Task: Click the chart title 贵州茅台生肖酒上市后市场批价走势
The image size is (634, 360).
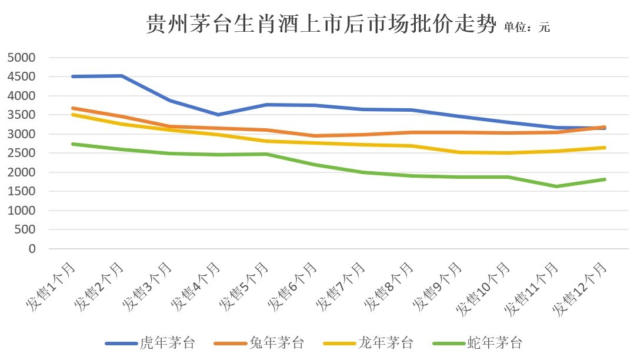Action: point(321,25)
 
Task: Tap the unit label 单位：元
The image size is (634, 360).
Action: point(526,27)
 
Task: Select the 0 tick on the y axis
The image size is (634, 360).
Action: point(31,249)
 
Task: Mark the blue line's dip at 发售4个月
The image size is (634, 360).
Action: point(218,115)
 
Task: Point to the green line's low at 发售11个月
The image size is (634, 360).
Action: point(556,186)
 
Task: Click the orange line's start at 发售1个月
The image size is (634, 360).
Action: point(72,108)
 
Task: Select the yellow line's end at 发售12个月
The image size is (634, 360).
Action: point(605,148)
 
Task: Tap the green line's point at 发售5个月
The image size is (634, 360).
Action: point(266,154)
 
